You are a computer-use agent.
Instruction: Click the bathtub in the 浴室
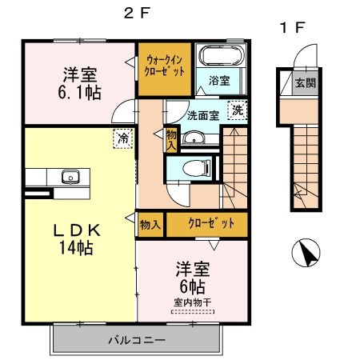[222, 55]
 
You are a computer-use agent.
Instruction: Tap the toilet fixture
[197, 168]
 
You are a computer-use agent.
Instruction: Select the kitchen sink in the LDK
[70, 177]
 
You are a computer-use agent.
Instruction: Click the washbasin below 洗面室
[194, 138]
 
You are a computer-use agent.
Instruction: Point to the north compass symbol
[306, 253]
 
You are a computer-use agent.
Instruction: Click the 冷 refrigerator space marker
[122, 138]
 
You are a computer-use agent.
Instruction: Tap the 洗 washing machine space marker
[238, 110]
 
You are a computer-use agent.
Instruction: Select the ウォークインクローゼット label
[164, 66]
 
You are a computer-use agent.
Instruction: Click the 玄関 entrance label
[306, 83]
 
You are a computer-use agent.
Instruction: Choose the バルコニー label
[137, 340]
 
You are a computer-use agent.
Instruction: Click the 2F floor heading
[138, 13]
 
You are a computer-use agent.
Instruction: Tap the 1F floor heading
[292, 27]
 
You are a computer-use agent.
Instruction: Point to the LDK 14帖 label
[77, 239]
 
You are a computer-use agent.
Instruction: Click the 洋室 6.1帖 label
[79, 83]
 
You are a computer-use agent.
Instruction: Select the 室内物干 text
[193, 302]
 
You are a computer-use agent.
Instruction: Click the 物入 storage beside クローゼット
[150, 225]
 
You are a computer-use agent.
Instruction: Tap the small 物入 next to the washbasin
[171, 139]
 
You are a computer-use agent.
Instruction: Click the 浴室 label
[219, 81]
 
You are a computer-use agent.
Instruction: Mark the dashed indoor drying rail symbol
[193, 311]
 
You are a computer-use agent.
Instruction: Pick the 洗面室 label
[203, 115]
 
